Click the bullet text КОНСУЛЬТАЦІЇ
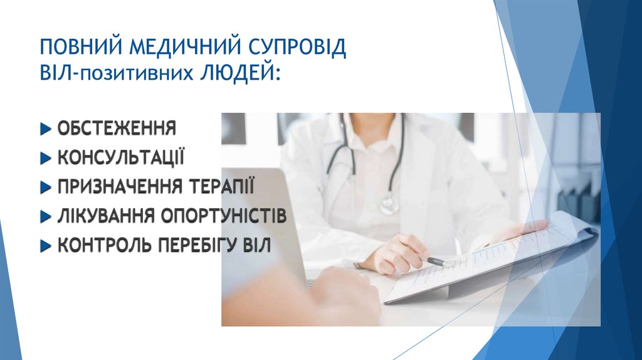pos(121,157)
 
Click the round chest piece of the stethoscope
pos(389,204)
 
